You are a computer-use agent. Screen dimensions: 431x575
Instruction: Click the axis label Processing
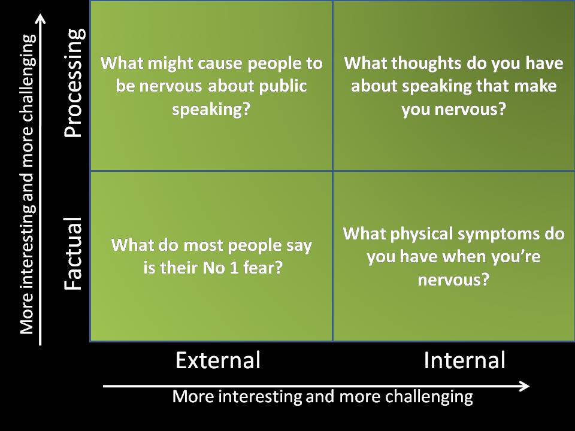[73, 84]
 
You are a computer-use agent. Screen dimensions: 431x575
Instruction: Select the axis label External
[218, 360]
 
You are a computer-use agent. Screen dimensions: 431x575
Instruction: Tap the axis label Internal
[464, 360]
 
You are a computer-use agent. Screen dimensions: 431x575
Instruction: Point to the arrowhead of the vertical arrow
[41, 20]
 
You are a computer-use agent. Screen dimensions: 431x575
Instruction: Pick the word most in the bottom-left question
[192, 245]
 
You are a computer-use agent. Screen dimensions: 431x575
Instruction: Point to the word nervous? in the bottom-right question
[453, 280]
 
